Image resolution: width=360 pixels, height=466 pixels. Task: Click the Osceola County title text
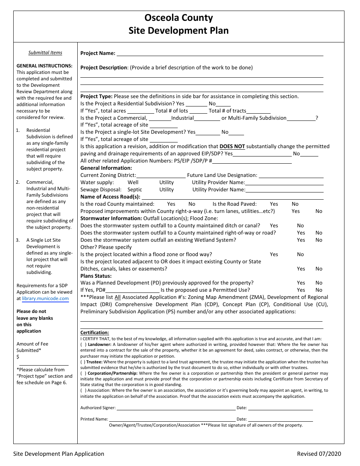point(178,18)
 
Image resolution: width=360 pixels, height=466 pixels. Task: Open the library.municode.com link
point(45,299)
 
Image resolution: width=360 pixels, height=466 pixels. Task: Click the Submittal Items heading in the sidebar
point(45,53)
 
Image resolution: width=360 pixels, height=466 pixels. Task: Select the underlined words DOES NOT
point(232,146)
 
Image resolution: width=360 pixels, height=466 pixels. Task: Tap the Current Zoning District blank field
point(161,175)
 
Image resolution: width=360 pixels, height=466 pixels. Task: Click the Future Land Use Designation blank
point(291,175)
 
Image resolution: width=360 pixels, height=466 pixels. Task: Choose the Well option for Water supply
point(133,182)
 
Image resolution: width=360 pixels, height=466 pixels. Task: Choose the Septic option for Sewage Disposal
point(135,189)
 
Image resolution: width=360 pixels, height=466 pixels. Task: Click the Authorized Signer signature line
point(176,408)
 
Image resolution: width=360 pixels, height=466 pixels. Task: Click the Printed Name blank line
point(172,420)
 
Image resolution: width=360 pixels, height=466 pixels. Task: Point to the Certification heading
point(94,333)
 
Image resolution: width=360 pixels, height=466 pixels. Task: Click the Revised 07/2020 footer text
point(319,453)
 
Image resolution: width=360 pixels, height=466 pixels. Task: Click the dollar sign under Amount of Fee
point(18,357)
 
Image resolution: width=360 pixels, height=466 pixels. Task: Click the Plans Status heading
point(96,276)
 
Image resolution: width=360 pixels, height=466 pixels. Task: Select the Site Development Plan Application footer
point(58,453)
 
